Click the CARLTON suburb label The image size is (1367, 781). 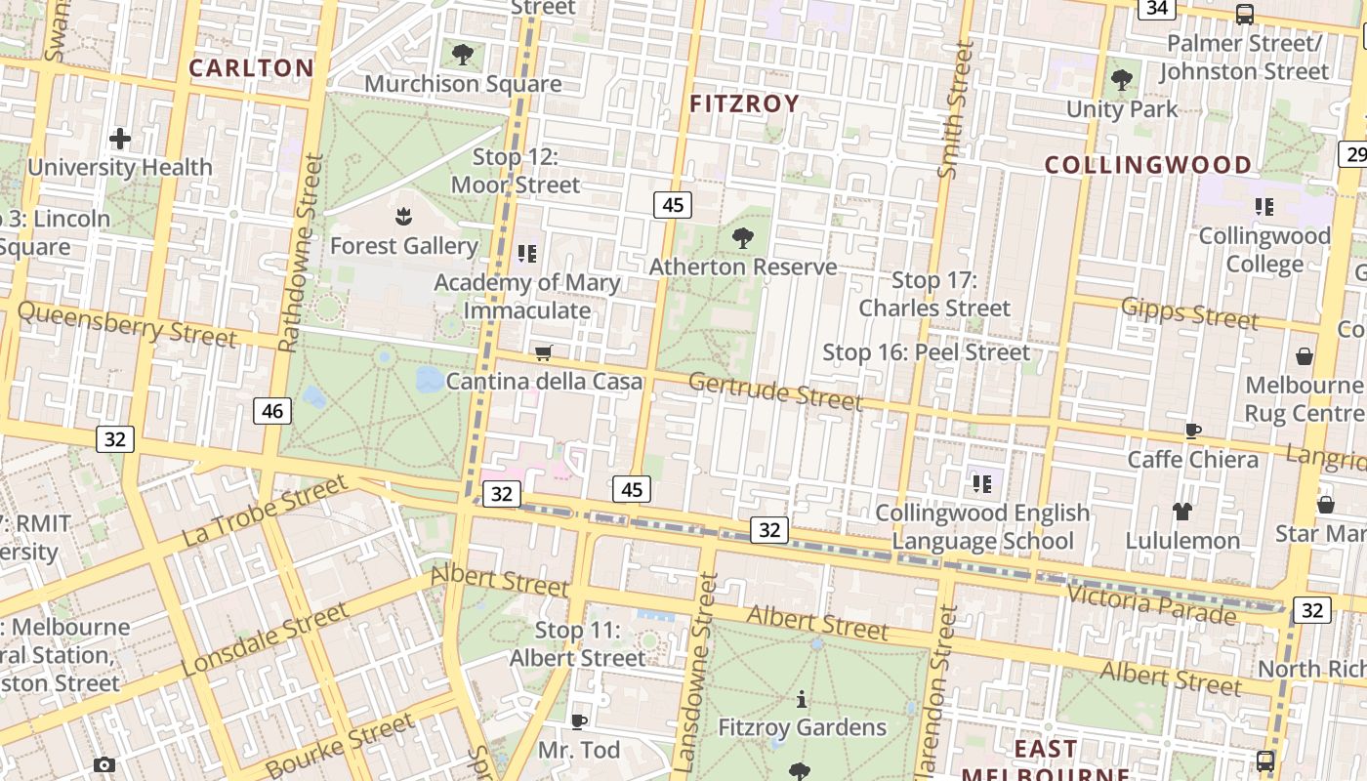pyautogui.click(x=251, y=67)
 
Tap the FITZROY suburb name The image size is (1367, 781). pyautogui.click(x=744, y=103)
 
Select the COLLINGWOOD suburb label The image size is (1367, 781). pyautogui.click(x=1148, y=165)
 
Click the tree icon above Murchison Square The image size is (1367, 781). pyautogui.click(x=463, y=55)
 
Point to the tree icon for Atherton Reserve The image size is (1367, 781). pyautogui.click(x=742, y=237)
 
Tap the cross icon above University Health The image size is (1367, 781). pyautogui.click(x=120, y=139)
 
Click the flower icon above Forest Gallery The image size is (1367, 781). pyautogui.click(x=403, y=217)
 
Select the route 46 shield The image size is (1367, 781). pyautogui.click(x=272, y=411)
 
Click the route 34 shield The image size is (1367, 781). pyautogui.click(x=1157, y=8)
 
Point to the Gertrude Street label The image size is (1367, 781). pyautogui.click(x=775, y=391)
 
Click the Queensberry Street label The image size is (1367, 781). pyautogui.click(x=127, y=324)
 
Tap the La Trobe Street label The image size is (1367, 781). pyautogui.click(x=265, y=511)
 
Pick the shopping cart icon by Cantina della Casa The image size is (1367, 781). pyautogui.click(x=544, y=352)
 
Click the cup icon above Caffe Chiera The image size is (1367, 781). pyautogui.click(x=1192, y=431)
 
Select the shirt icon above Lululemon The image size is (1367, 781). pyautogui.click(x=1182, y=511)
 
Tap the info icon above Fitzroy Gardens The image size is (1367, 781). pyautogui.click(x=802, y=699)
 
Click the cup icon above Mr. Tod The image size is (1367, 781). pyautogui.click(x=579, y=721)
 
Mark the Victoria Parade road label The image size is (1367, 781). pyautogui.click(x=1151, y=603)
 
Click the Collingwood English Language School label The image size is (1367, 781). pyautogui.click(x=982, y=526)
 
